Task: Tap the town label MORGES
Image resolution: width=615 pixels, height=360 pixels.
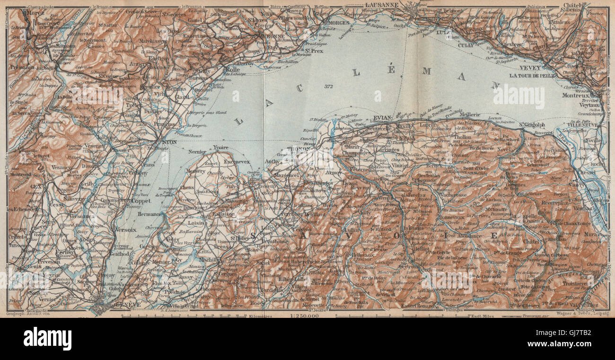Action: [x=339, y=22]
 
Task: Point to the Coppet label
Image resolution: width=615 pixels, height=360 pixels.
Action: [x=141, y=201]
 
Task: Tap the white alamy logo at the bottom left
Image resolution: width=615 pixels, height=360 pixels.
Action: [x=47, y=339]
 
